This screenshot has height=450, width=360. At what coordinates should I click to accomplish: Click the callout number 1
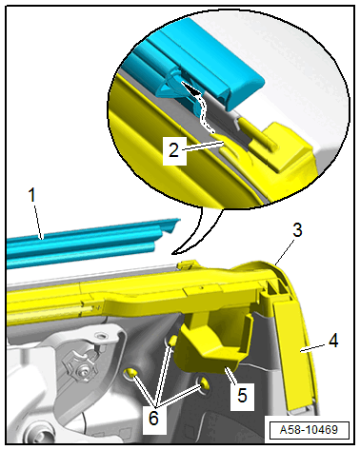click(32, 195)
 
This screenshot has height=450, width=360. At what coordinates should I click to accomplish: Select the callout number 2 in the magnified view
click(174, 150)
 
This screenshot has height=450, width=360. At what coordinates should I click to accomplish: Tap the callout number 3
click(297, 230)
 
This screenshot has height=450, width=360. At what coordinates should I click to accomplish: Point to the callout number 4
click(333, 342)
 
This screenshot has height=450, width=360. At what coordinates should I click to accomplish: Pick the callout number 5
click(242, 396)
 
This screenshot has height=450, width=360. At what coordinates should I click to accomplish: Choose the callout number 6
click(153, 419)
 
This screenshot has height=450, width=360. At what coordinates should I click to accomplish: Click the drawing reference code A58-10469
click(309, 430)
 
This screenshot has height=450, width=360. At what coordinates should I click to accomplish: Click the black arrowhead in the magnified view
click(190, 88)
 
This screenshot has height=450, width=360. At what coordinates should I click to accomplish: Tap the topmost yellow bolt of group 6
click(171, 342)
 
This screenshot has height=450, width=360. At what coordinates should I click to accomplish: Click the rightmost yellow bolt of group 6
click(204, 384)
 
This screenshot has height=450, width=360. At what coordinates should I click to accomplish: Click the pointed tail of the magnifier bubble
click(173, 253)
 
